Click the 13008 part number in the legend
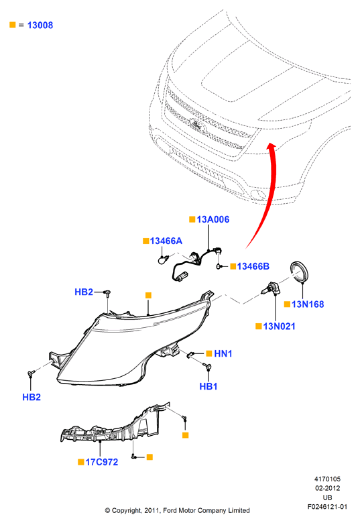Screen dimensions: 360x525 40,25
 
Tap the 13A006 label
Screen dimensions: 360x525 213,219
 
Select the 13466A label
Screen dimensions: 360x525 166,241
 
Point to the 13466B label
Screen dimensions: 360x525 253,266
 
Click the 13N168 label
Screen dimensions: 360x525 308,304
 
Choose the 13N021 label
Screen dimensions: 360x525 280,326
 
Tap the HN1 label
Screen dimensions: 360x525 223,353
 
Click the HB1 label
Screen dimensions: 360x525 208,386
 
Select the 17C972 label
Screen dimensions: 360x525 102,462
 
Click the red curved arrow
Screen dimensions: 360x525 272,198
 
